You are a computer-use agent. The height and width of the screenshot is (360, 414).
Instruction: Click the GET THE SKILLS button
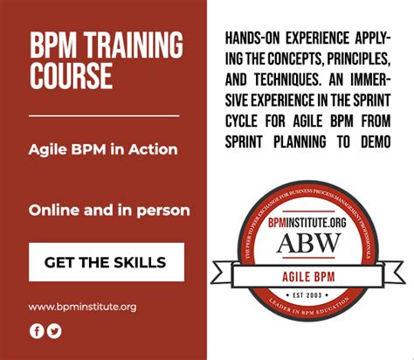pyautogui.click(x=107, y=261)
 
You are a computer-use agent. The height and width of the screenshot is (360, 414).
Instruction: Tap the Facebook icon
pyautogui.click(x=37, y=330)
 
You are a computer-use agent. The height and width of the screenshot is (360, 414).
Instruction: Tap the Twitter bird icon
pyautogui.click(x=54, y=330)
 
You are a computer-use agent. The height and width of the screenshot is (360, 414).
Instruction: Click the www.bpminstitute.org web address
pyautogui.click(x=82, y=307)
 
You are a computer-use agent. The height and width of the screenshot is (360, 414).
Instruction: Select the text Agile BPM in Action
pyautogui.click(x=103, y=149)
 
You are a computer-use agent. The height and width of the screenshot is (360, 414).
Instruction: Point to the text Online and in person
pyautogui.click(x=109, y=211)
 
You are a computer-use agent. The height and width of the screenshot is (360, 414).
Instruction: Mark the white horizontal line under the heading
pyautogui.click(x=103, y=115)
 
